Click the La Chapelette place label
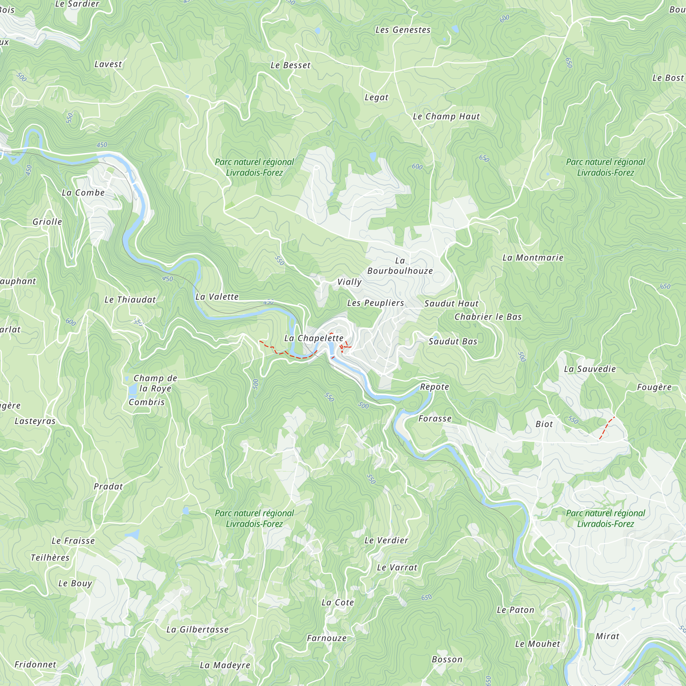[x=314, y=338]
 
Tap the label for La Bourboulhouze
[x=400, y=266]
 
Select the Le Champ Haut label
[x=446, y=117]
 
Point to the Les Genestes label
[x=403, y=30]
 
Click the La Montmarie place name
[x=533, y=258]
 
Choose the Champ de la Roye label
[x=155, y=383]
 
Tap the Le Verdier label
[x=386, y=541]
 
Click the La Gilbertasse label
[x=198, y=630]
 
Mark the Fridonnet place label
[x=35, y=665]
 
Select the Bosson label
[x=447, y=660]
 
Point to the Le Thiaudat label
[x=130, y=300]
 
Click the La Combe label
[x=83, y=193]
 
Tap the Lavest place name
[x=108, y=64]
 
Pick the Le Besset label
[x=291, y=65]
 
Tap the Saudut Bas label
[x=453, y=342]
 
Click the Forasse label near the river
[x=435, y=418]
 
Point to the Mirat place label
[x=607, y=636]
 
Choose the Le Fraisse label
[x=73, y=541]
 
